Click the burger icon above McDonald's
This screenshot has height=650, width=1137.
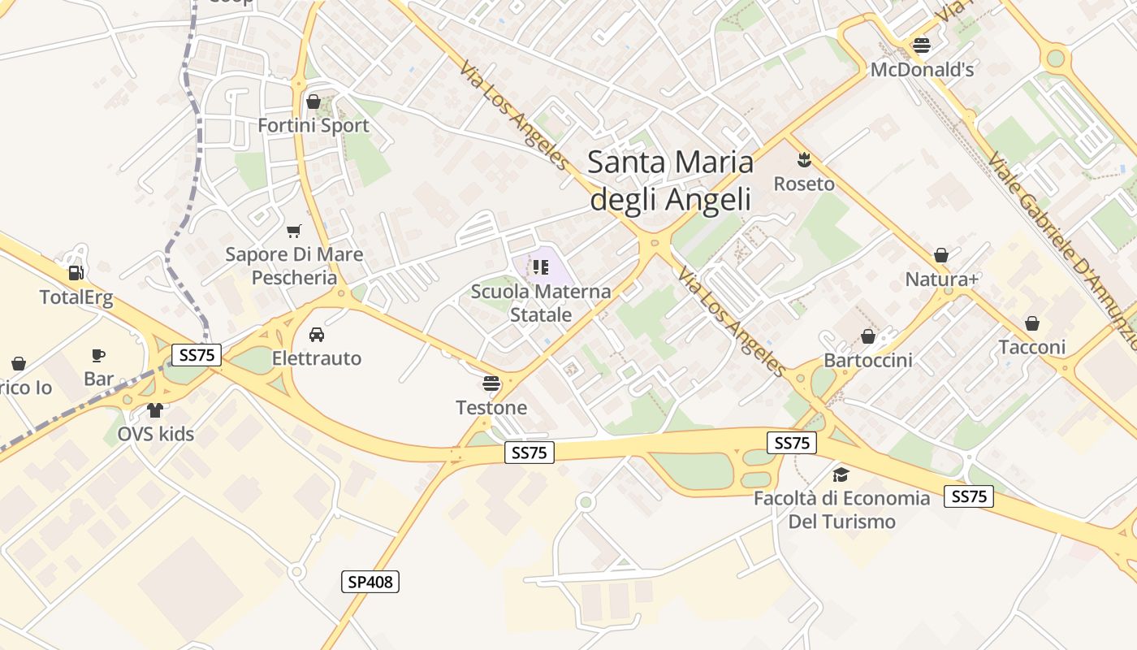921,45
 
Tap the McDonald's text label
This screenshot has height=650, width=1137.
922,70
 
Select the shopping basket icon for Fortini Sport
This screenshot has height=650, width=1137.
313,102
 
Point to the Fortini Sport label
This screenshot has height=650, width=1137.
313,126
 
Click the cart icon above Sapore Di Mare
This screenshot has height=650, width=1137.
294,231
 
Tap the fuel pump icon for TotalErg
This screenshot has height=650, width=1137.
76,273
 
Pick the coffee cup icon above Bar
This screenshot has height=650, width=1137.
98,355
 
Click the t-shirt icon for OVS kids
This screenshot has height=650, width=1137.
155,409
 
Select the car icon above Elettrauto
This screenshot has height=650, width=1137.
317,334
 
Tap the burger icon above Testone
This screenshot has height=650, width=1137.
491,383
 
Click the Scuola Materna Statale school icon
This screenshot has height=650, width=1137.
541,266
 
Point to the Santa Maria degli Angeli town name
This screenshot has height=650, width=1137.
670,180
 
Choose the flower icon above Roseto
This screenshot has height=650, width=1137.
804,159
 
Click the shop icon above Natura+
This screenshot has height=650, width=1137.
941,256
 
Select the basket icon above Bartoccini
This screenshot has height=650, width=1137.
868,336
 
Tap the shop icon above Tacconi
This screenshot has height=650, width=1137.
1031,323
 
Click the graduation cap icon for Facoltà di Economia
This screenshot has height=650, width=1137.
841,474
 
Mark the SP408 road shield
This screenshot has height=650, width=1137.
370,582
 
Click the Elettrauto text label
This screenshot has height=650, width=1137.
317,358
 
